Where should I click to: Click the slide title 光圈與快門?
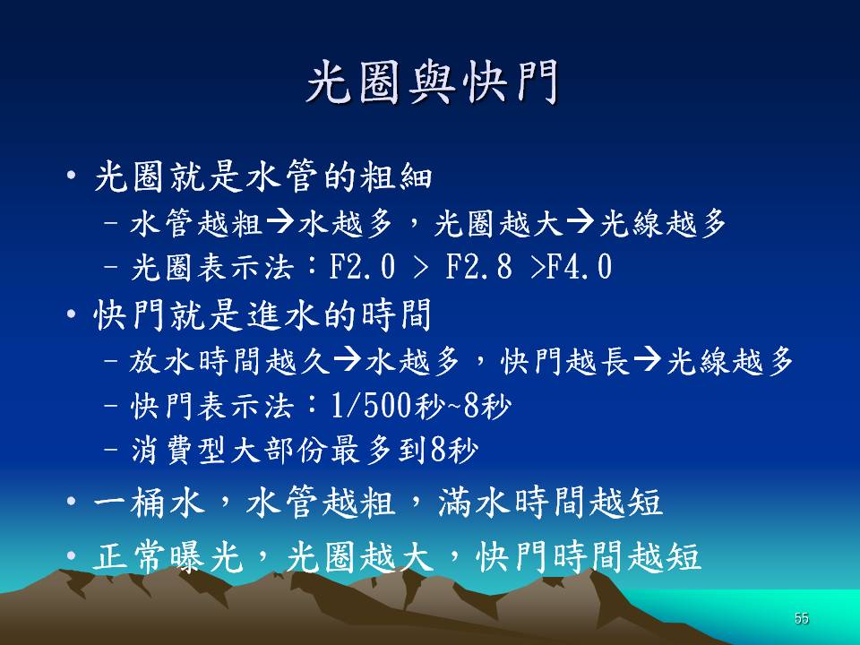[x=432, y=82]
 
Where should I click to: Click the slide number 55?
[x=801, y=618]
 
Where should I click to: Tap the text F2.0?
[x=363, y=267]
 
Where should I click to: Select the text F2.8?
[x=478, y=267]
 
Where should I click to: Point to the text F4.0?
[x=580, y=267]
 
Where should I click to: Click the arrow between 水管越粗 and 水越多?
[x=280, y=223]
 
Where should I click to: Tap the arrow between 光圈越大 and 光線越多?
[x=580, y=223]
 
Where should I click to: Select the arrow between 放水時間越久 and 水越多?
[x=348, y=360]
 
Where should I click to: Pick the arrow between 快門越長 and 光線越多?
[x=647, y=360]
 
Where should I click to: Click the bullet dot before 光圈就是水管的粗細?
[x=71, y=176]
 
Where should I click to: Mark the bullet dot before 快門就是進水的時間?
[x=71, y=314]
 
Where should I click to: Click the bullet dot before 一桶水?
[x=71, y=502]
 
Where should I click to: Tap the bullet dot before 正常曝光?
[x=71, y=556]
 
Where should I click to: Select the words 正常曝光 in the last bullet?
[x=168, y=556]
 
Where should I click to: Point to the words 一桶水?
[x=150, y=502]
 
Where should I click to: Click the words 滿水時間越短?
[x=550, y=502]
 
